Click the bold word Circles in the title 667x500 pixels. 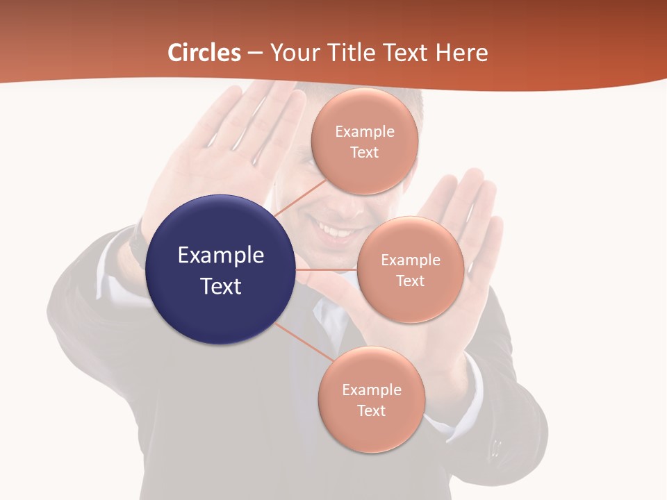click(204, 53)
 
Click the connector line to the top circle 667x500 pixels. click(300, 199)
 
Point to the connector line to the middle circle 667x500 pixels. click(327, 269)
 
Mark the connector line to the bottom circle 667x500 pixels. click(304, 342)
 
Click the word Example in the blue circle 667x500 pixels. click(221, 256)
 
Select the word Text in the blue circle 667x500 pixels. click(221, 286)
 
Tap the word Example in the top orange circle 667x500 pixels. click(365, 132)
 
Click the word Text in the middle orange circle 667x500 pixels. click(411, 281)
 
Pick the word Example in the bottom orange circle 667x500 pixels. click(372, 390)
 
